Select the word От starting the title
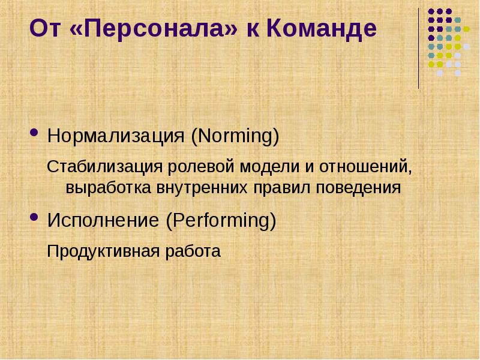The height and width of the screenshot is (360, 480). coord(45,29)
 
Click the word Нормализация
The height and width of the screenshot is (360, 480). coord(116,136)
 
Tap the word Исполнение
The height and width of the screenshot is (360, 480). coord(104,221)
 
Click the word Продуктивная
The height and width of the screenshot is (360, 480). coord(96,250)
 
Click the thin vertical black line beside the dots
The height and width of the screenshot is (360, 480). coord(419,48)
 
